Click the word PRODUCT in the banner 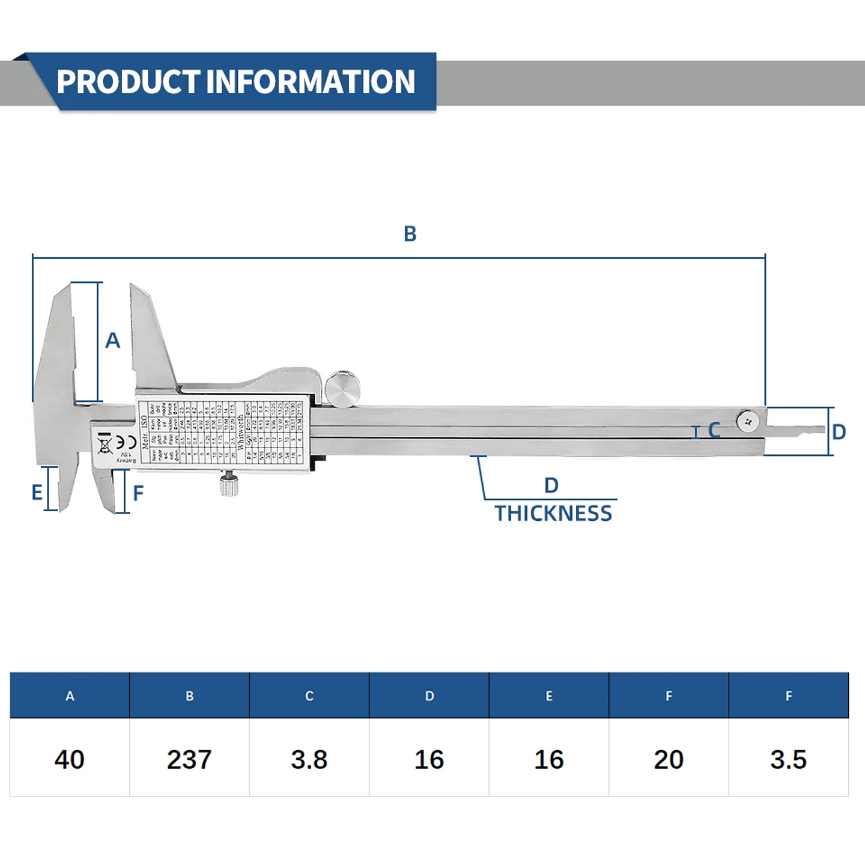(127, 82)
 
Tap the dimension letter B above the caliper (410, 234)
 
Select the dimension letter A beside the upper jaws (112, 341)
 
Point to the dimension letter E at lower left (37, 493)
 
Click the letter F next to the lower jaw (138, 493)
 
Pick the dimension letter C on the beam (714, 431)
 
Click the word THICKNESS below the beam (553, 514)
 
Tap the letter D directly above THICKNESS (551, 485)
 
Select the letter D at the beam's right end (839, 432)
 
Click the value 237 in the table (189, 759)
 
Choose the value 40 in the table (70, 759)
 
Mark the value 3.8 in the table (309, 759)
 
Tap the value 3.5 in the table (788, 759)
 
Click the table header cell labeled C (309, 696)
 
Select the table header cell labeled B (189, 696)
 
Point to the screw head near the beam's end (747, 421)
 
